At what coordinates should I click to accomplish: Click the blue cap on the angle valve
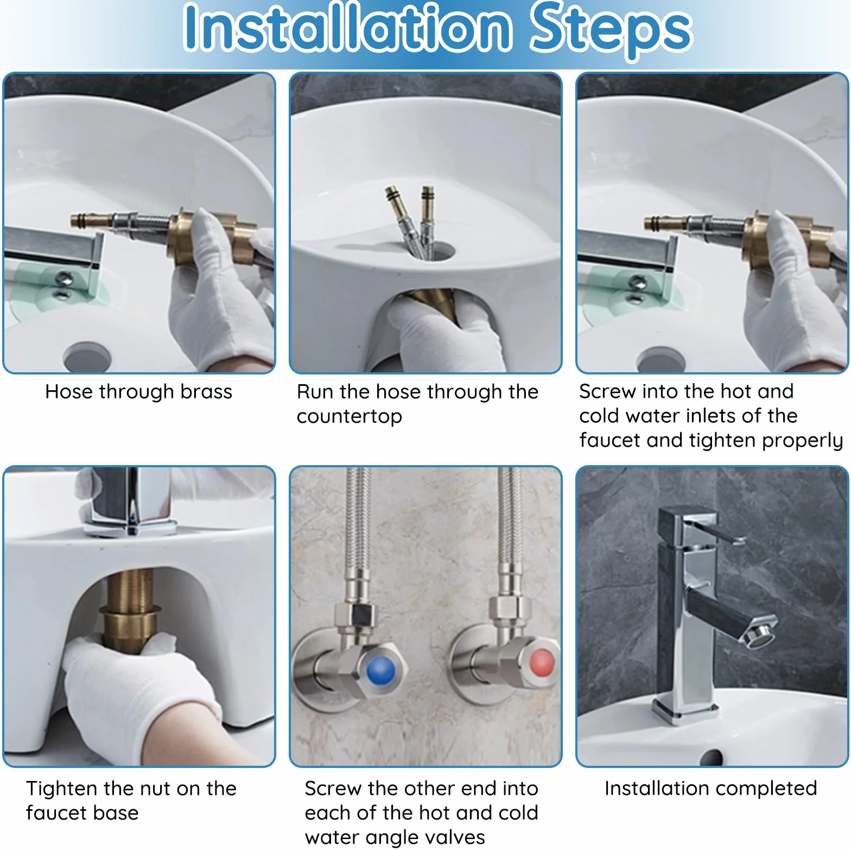point(381,672)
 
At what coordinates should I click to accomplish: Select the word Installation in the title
point(347,27)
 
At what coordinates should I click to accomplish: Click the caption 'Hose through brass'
point(138,392)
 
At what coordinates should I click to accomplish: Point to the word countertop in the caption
point(350,416)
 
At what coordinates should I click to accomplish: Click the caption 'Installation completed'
point(710,789)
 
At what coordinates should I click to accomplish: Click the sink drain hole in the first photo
point(87,357)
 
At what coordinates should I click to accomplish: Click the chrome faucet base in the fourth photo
point(129,526)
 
